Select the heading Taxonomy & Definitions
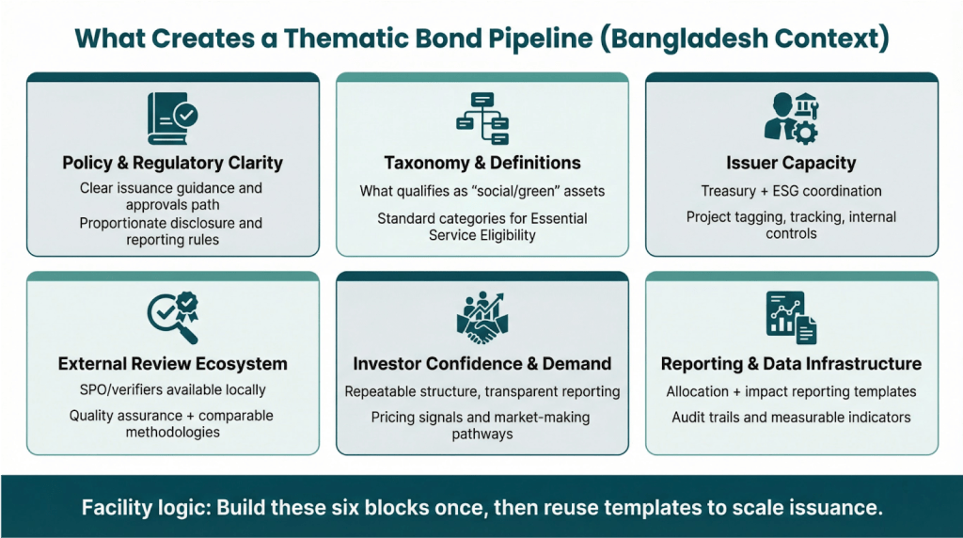pyautogui.click(x=481, y=163)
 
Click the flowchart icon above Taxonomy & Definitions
pyautogui.click(x=481, y=114)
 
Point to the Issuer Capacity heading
pyautogui.click(x=791, y=163)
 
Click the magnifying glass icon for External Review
pyautogui.click(x=171, y=317)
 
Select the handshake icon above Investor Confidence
pyautogui.click(x=481, y=317)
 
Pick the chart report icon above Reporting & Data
pyautogui.click(x=790, y=317)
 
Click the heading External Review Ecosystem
pyautogui.click(x=172, y=364)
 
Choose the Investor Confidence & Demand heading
pyautogui.click(x=481, y=364)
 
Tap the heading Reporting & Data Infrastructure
pyautogui.click(x=791, y=364)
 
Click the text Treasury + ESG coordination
pyautogui.click(x=791, y=191)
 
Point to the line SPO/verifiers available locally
pyautogui.click(x=172, y=389)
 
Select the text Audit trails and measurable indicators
pyautogui.click(x=791, y=417)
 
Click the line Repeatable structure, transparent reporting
pyautogui.click(x=481, y=391)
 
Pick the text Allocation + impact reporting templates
pyautogui.click(x=791, y=391)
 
